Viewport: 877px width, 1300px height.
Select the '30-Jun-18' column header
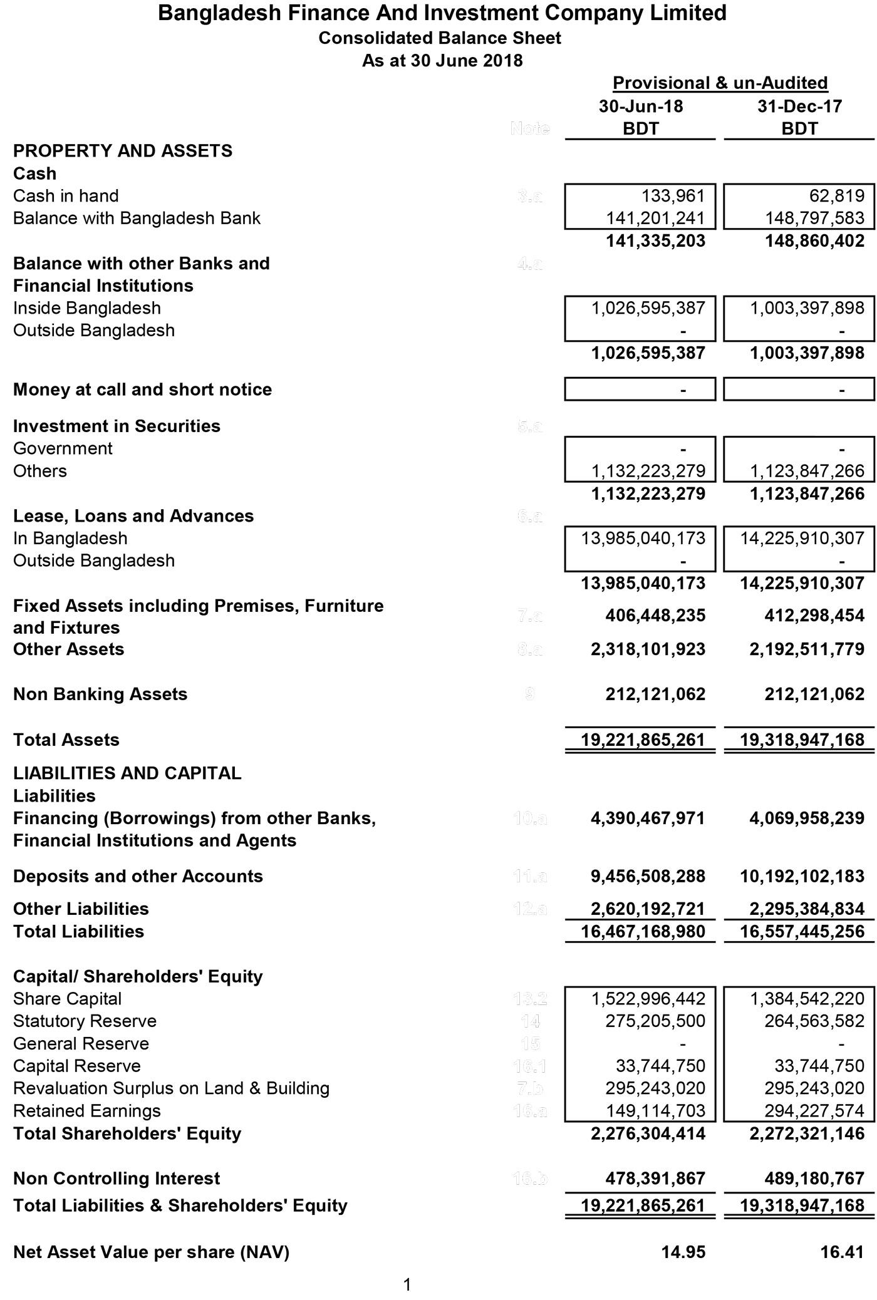pyautogui.click(x=641, y=106)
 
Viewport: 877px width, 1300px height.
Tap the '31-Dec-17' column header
pyautogui.click(x=800, y=106)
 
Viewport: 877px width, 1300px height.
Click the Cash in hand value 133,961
pyautogui.click(x=673, y=196)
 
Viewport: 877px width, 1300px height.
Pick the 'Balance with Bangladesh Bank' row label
pyautogui.click(x=137, y=219)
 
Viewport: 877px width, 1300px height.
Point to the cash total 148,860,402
pyautogui.click(x=814, y=241)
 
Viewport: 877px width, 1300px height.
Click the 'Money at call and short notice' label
pyautogui.click(x=142, y=389)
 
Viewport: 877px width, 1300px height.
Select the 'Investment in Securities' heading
pyautogui.click(x=117, y=426)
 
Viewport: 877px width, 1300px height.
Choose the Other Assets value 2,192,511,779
pyautogui.click(x=807, y=649)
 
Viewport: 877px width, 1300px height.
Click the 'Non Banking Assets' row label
pyautogui.click(x=100, y=694)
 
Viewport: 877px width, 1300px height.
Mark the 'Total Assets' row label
pyautogui.click(x=66, y=740)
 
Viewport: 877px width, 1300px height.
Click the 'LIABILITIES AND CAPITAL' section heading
pyautogui.click(x=127, y=773)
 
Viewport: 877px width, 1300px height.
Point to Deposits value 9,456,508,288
pyautogui.click(x=648, y=877)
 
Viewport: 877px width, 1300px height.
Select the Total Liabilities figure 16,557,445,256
pyautogui.click(x=802, y=932)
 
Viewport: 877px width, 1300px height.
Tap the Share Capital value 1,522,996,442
pyautogui.click(x=648, y=999)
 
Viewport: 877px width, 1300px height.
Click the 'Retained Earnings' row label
pyautogui.click(x=86, y=1111)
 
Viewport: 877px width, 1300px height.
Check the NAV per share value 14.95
pyautogui.click(x=683, y=1252)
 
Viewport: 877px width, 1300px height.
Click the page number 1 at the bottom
pyautogui.click(x=407, y=1285)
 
